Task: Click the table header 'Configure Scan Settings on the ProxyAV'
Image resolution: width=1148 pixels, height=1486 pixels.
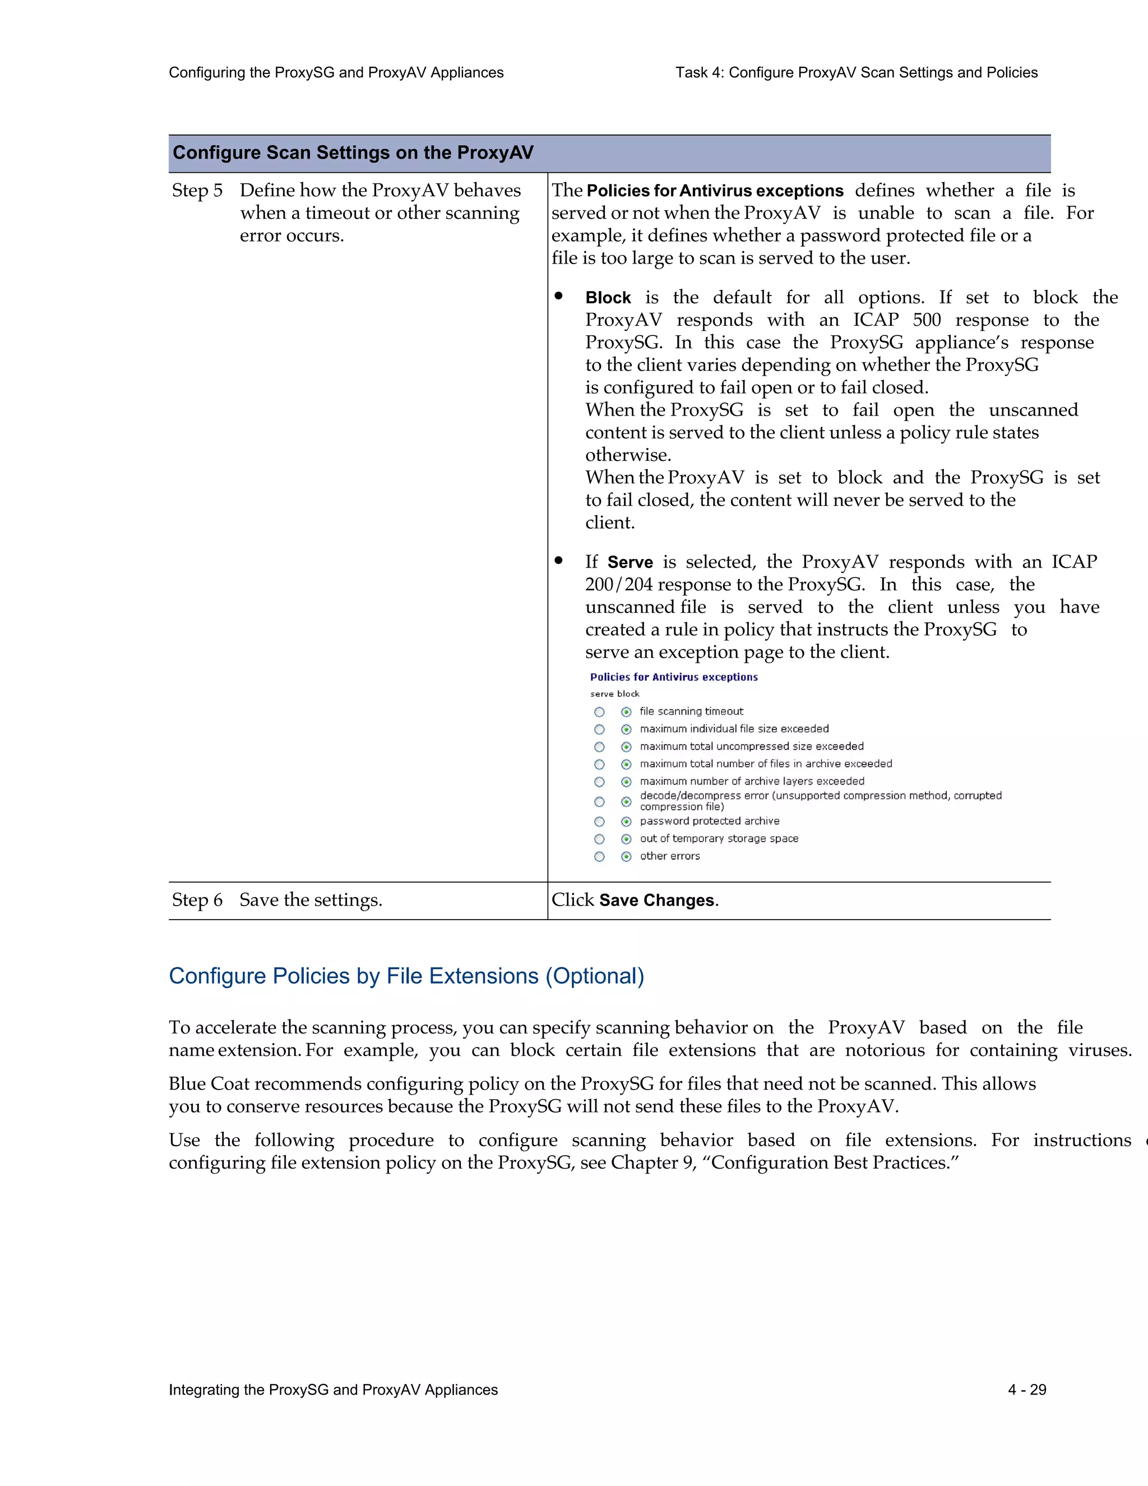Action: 353,153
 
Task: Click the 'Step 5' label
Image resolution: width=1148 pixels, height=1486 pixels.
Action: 197,191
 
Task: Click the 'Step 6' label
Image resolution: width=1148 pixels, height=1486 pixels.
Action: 197,900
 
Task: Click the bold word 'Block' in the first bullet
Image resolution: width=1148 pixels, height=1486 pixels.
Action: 608,298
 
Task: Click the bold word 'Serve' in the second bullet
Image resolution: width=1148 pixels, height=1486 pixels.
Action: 629,562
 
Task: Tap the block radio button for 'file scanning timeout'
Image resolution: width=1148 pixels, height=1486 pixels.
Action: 626,712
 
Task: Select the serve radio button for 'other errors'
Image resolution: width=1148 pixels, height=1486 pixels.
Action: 599,857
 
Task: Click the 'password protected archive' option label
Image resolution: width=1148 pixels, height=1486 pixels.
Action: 709,822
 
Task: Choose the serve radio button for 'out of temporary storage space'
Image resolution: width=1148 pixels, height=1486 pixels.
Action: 599,839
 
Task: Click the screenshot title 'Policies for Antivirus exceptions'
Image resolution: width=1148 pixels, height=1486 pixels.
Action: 673,677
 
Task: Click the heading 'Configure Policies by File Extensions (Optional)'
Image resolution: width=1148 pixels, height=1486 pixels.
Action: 406,976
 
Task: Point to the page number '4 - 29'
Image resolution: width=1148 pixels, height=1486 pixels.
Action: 1027,1390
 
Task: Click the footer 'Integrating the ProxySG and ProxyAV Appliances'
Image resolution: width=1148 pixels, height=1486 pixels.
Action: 334,1390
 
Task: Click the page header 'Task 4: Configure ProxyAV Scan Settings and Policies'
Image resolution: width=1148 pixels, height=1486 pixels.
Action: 857,73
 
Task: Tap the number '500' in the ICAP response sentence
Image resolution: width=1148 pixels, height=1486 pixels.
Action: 926,320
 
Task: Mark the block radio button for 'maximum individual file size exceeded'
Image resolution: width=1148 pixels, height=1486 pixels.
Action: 626,730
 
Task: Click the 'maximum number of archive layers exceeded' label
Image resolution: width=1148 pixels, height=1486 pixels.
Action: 752,781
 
